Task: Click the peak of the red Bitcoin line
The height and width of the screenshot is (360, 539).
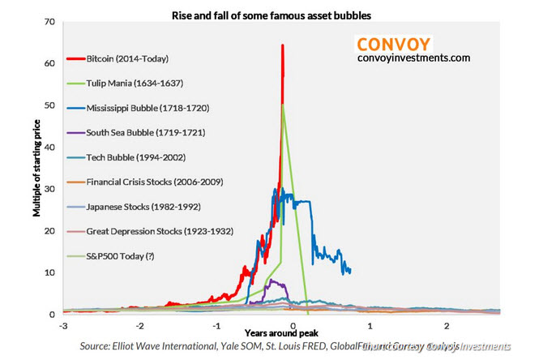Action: [282, 45]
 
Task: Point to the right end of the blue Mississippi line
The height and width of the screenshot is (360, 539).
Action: [350, 271]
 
